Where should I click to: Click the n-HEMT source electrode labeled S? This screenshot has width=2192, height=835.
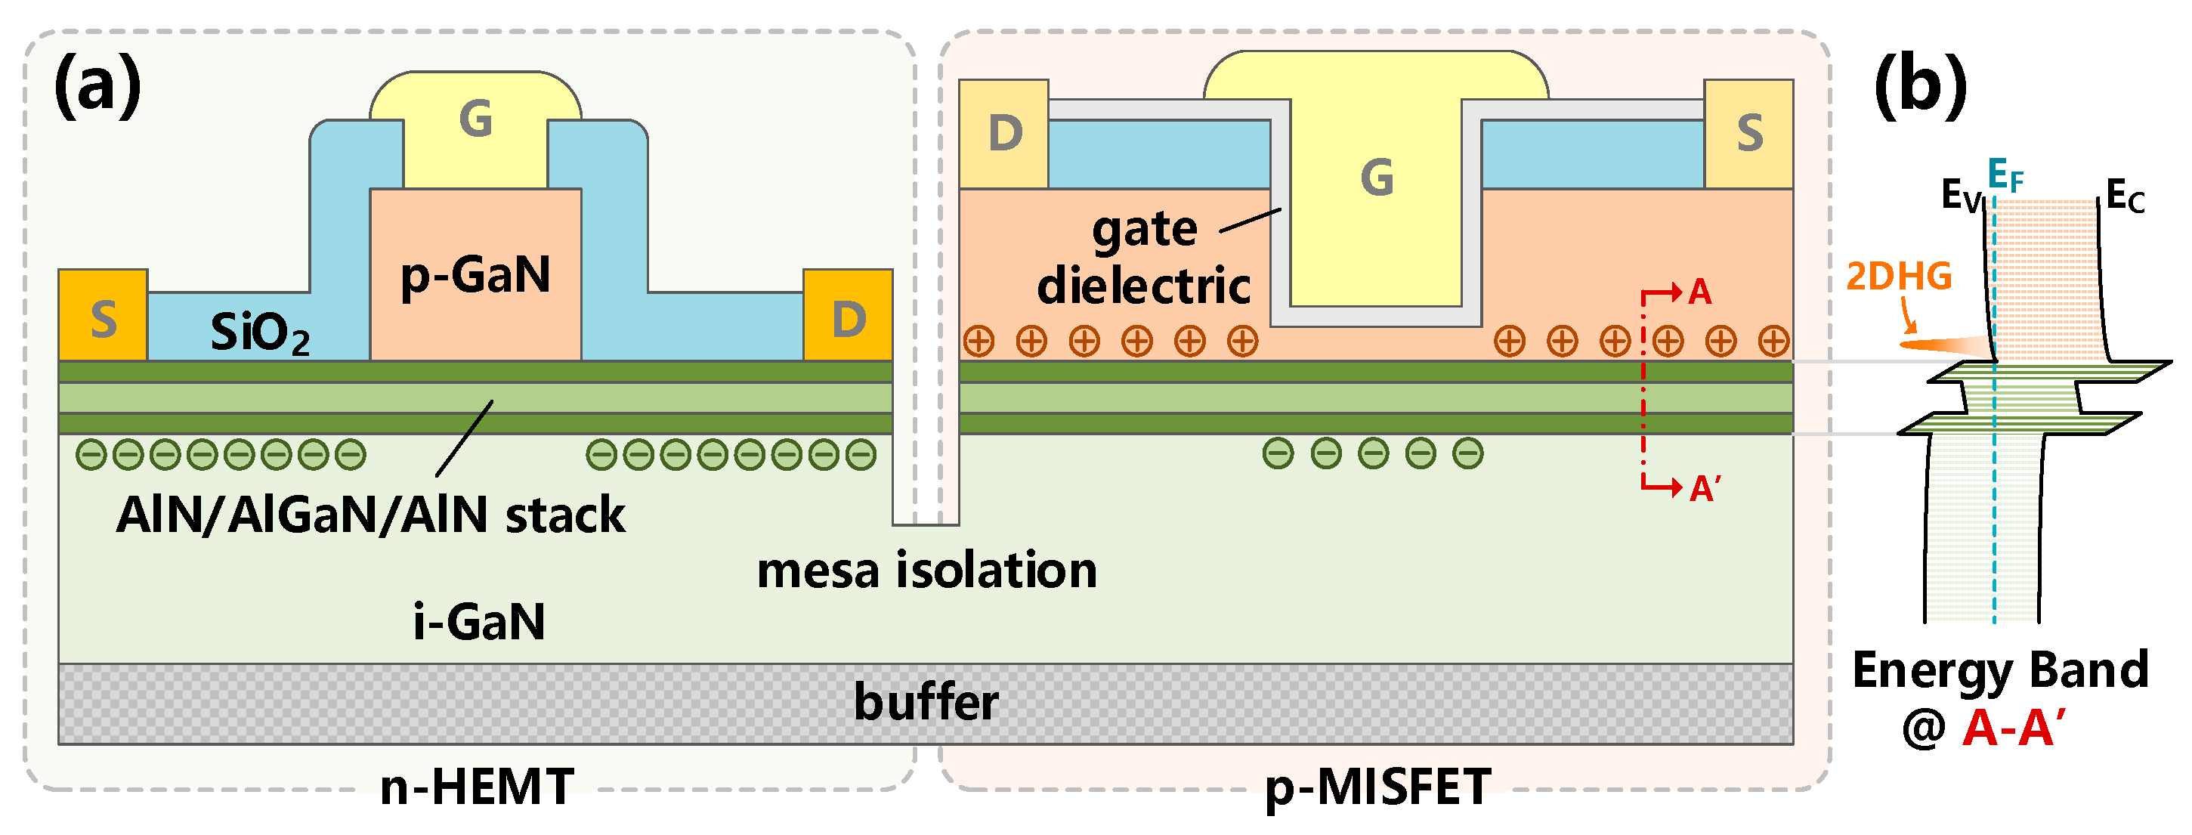tap(103, 317)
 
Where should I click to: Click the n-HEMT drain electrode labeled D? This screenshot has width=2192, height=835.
tap(849, 317)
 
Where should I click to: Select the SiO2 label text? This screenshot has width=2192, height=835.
tap(259, 332)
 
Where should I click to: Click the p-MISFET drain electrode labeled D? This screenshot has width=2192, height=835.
tap(1004, 134)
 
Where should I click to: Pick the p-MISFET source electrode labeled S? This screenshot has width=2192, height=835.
tap(1749, 134)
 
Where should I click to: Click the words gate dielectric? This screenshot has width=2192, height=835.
tap(1144, 257)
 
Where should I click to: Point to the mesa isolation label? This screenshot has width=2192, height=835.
tap(926, 571)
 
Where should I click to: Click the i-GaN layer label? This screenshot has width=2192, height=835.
tap(478, 621)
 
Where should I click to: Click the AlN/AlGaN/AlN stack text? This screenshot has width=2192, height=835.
tap(370, 515)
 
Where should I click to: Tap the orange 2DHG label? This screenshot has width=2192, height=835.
tap(1898, 277)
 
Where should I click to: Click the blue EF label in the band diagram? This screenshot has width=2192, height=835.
tap(2005, 175)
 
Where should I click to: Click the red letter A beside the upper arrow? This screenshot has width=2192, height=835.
tap(1699, 292)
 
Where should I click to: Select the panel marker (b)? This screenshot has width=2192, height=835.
tap(1921, 85)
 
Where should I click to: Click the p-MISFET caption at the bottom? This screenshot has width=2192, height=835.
tap(1377, 787)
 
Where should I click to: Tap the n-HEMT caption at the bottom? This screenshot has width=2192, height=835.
tap(477, 787)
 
